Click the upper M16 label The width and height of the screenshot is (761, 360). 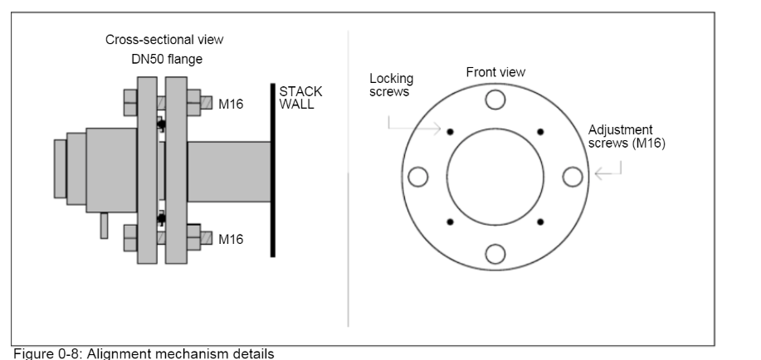[x=231, y=105]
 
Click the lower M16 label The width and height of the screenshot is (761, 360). [x=231, y=239]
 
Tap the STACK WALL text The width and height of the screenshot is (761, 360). [x=300, y=98]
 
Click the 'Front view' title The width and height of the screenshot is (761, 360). [x=495, y=72]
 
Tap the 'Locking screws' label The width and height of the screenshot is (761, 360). [x=391, y=85]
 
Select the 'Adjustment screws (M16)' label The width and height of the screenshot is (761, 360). [x=620, y=137]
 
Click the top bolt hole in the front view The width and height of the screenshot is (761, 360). [x=495, y=100]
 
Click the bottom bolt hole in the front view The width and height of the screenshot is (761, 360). [x=495, y=254]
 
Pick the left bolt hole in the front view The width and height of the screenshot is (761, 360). [x=418, y=177]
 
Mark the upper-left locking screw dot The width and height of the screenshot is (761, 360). [x=450, y=132]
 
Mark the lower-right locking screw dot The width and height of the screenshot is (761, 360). [x=541, y=221]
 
